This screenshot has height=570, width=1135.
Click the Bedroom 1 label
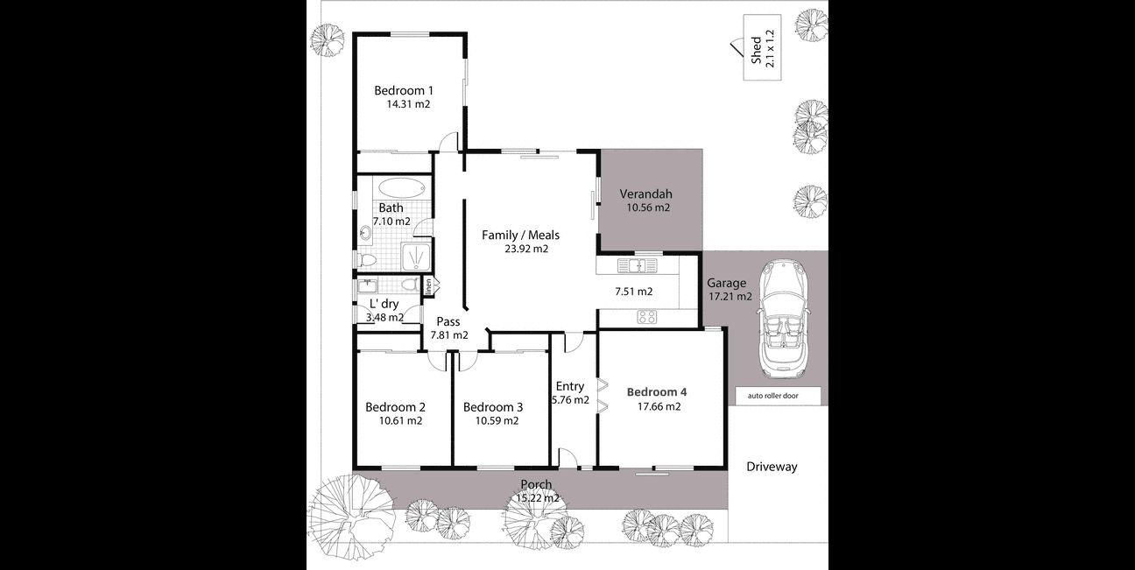pyautogui.click(x=404, y=91)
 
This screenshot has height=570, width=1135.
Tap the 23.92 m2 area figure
pyautogui.click(x=526, y=249)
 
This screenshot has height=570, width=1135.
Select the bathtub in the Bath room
pyautogui.click(x=401, y=187)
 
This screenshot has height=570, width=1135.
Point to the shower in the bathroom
pyautogui.click(x=416, y=257)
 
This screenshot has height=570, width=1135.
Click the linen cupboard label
pyautogui.click(x=428, y=286)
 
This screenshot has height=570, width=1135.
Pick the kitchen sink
pyautogui.click(x=637, y=265)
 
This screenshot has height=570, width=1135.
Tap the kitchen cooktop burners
pyautogui.click(x=647, y=317)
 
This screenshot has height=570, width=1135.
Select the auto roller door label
pyautogui.click(x=772, y=396)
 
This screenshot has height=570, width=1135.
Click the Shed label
pyautogui.click(x=756, y=50)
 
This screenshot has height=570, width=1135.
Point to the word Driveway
pyautogui.click(x=772, y=468)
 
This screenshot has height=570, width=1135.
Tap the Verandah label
pyautogui.click(x=646, y=194)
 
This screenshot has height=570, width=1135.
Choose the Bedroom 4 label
pyautogui.click(x=657, y=392)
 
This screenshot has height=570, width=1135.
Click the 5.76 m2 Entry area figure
pyautogui.click(x=570, y=400)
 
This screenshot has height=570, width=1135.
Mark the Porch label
pyautogui.click(x=536, y=484)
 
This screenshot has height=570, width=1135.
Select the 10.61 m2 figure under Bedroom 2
pyautogui.click(x=400, y=420)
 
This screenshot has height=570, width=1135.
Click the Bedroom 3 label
pyautogui.click(x=493, y=407)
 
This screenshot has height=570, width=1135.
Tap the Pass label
pyautogui.click(x=448, y=321)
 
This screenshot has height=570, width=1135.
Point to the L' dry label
pyautogui.click(x=384, y=304)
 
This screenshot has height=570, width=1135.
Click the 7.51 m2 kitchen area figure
pyautogui.click(x=633, y=292)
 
